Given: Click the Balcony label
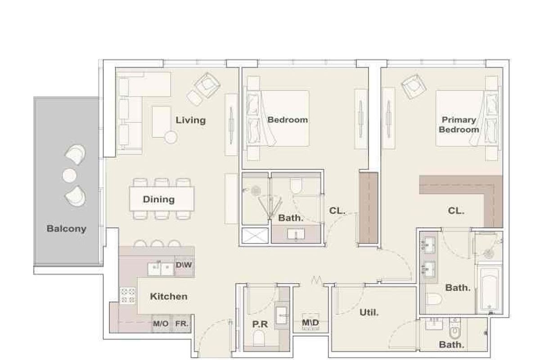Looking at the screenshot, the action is [66, 229].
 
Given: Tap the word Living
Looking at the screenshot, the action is [190, 120].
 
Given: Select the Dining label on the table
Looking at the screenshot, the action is [158, 199].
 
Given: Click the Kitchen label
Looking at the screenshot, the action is [168, 297].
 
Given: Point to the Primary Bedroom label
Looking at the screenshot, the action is [459, 125].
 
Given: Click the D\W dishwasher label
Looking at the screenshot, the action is [184, 265].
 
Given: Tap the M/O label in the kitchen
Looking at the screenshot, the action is [161, 324].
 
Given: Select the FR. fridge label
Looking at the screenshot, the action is [181, 324].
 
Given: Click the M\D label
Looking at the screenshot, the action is [310, 322].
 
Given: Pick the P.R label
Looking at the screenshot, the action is [260, 324].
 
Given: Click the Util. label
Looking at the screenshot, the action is [369, 312].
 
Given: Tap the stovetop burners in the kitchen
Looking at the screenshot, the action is [128, 295].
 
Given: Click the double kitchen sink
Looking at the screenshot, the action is [161, 269].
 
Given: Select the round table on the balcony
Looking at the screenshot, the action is [69, 175].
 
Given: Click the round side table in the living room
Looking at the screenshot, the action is [171, 137].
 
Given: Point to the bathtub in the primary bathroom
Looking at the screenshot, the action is [490, 289].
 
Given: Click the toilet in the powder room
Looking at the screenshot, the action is [259, 337].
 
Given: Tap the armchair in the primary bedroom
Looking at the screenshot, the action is [414, 86].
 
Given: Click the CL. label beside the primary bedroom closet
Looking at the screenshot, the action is [456, 211].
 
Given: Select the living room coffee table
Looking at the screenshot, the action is [161, 122].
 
